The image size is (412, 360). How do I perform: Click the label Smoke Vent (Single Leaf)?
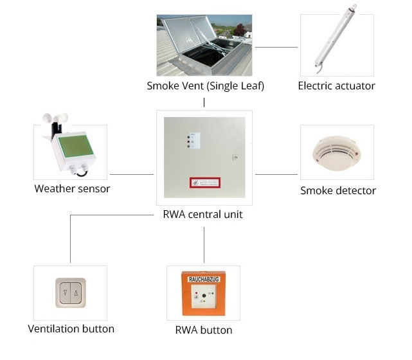click(x=205, y=86)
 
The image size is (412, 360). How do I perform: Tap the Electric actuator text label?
click(x=336, y=86)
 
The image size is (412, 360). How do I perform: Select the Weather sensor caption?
click(x=72, y=189)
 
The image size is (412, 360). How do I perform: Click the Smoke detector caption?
click(x=338, y=190)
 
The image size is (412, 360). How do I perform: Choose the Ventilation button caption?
click(x=71, y=329)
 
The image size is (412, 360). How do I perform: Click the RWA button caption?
click(x=204, y=330)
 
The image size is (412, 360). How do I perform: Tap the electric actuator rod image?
click(x=336, y=39)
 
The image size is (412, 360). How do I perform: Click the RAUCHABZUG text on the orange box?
click(x=203, y=280)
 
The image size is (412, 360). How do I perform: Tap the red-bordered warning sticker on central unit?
click(x=204, y=183)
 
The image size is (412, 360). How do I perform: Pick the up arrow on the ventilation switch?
click(x=76, y=294)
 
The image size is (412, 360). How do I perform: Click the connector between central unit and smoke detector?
click(x=277, y=174)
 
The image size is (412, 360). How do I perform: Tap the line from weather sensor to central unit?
click(x=132, y=174)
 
